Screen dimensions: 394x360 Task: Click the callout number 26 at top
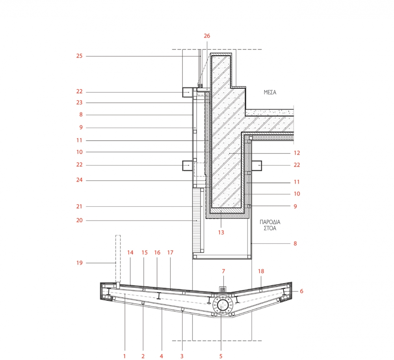click(x=207, y=36)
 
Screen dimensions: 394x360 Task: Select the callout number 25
click(x=80, y=56)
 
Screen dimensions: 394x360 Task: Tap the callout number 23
click(x=80, y=103)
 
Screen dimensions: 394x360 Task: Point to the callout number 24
click(x=80, y=180)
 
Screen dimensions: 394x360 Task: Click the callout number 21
click(x=80, y=206)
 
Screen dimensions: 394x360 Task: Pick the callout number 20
click(x=80, y=220)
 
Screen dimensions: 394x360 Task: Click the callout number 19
click(x=80, y=263)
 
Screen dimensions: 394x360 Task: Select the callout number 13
click(x=221, y=233)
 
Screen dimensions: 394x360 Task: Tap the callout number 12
click(x=297, y=153)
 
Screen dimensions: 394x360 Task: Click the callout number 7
click(x=223, y=271)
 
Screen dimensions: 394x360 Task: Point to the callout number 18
click(x=261, y=271)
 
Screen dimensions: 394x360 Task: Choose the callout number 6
click(x=301, y=291)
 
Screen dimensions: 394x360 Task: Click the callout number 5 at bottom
click(x=221, y=356)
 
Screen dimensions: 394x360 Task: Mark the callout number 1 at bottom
click(x=125, y=356)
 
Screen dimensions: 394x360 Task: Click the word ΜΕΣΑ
click(x=270, y=92)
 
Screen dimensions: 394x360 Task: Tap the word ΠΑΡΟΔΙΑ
click(x=270, y=222)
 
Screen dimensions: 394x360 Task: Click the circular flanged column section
click(x=222, y=305)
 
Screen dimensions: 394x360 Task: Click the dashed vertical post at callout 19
click(x=118, y=259)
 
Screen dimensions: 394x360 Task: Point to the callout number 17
click(x=170, y=253)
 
